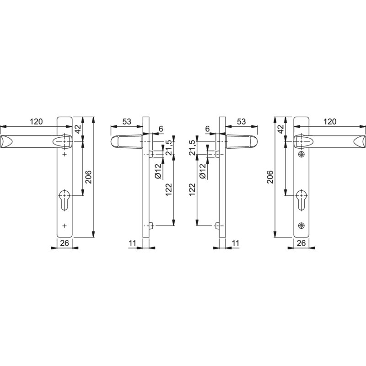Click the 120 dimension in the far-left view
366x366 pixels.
pyautogui.click(x=36, y=122)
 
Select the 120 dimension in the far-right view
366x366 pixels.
pyautogui.click(x=330, y=122)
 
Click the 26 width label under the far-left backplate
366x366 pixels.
pyautogui.click(x=65, y=243)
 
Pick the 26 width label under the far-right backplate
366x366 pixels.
pyautogui.click(x=301, y=243)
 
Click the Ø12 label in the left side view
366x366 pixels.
pyautogui.click(x=157, y=170)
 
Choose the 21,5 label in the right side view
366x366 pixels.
pyautogui.click(x=192, y=148)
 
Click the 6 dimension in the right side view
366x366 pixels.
pyautogui.click(x=207, y=129)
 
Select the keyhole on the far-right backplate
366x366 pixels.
pyautogui.click(x=301, y=199)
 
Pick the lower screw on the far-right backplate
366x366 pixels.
pyautogui.click(x=301, y=226)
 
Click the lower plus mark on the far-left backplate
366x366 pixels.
pyautogui.click(x=65, y=225)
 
